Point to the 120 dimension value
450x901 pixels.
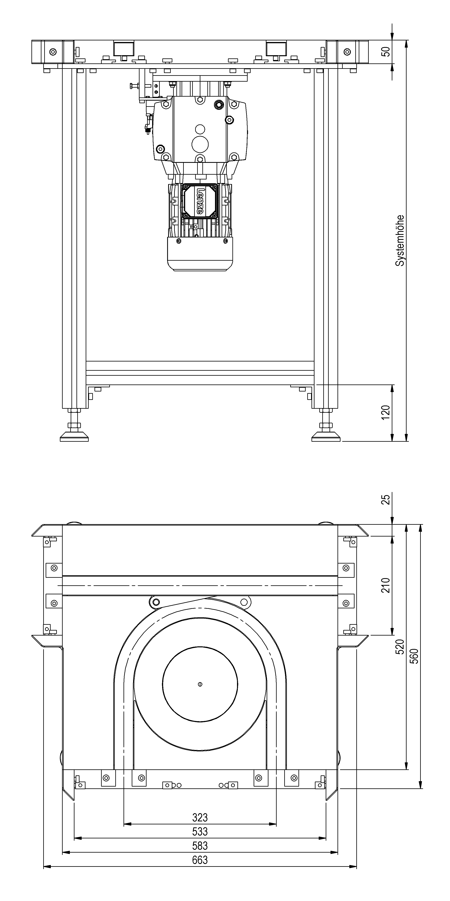point(385,413)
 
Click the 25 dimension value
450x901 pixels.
point(385,500)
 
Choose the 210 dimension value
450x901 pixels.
point(385,585)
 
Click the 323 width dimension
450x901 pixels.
point(200,817)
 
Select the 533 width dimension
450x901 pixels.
point(200,831)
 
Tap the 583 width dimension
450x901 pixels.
point(200,846)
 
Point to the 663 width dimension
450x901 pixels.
point(200,860)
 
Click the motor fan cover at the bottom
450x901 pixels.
point(200,254)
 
